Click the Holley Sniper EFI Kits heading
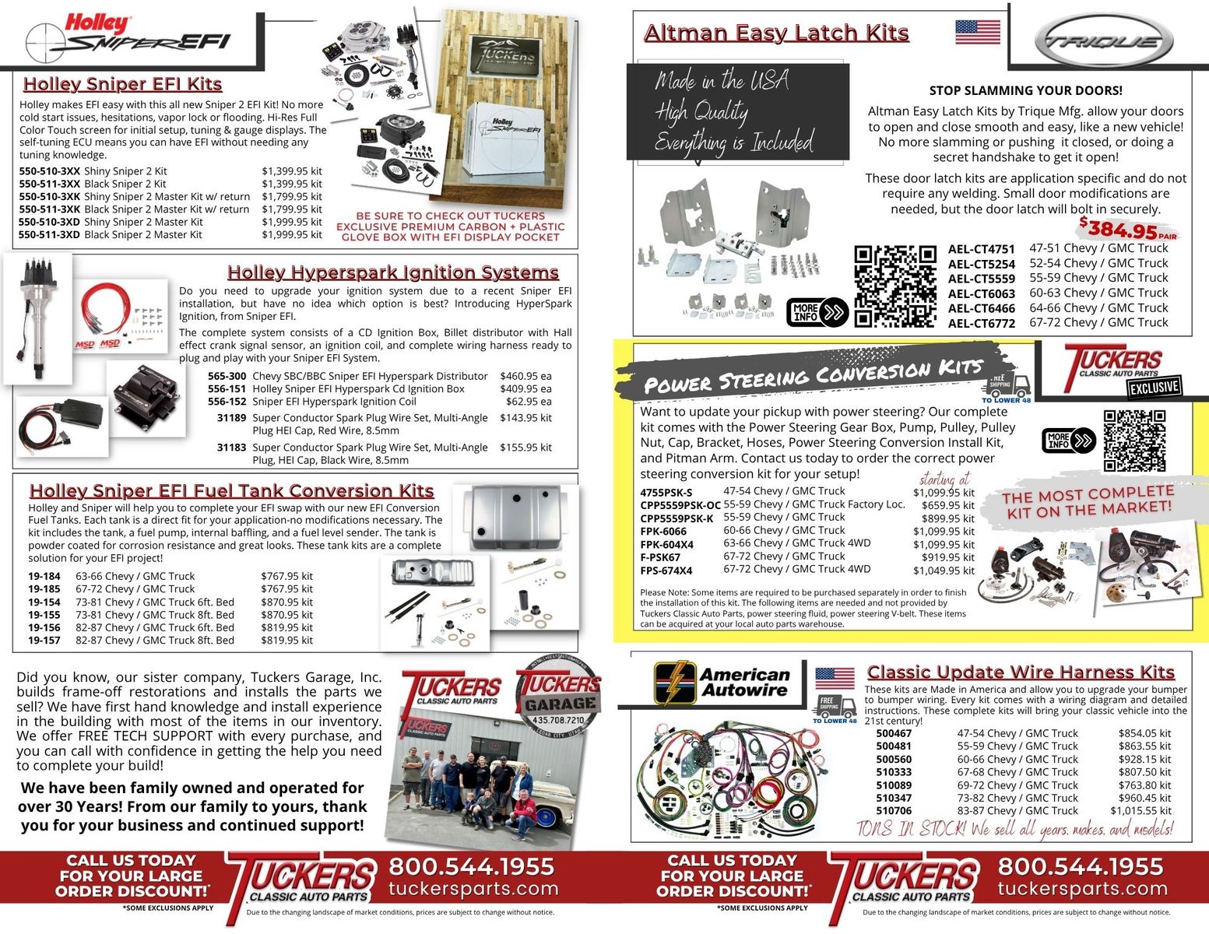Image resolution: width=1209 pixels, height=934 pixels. coord(122,85)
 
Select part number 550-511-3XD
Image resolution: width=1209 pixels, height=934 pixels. coord(49,235)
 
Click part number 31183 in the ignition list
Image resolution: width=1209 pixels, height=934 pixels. coord(231,448)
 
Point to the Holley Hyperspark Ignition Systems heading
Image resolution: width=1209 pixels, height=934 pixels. coord(393,272)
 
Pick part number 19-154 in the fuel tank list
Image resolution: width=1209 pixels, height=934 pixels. coord(44,602)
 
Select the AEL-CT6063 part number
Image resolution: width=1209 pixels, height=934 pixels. coord(982,293)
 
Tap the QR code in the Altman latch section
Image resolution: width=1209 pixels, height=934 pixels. coord(895,286)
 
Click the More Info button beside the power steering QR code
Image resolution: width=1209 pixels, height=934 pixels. coord(1068,441)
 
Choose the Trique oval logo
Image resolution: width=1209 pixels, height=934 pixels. coord(1104,40)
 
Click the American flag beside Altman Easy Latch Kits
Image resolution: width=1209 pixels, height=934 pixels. coord(978,32)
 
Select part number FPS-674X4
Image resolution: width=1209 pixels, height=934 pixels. coord(666,571)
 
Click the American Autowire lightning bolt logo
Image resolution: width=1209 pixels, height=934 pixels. coord(674,683)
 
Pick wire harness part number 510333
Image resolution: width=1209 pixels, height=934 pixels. coord(894,772)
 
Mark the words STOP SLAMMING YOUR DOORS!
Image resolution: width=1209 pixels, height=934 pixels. coord(1025,90)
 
